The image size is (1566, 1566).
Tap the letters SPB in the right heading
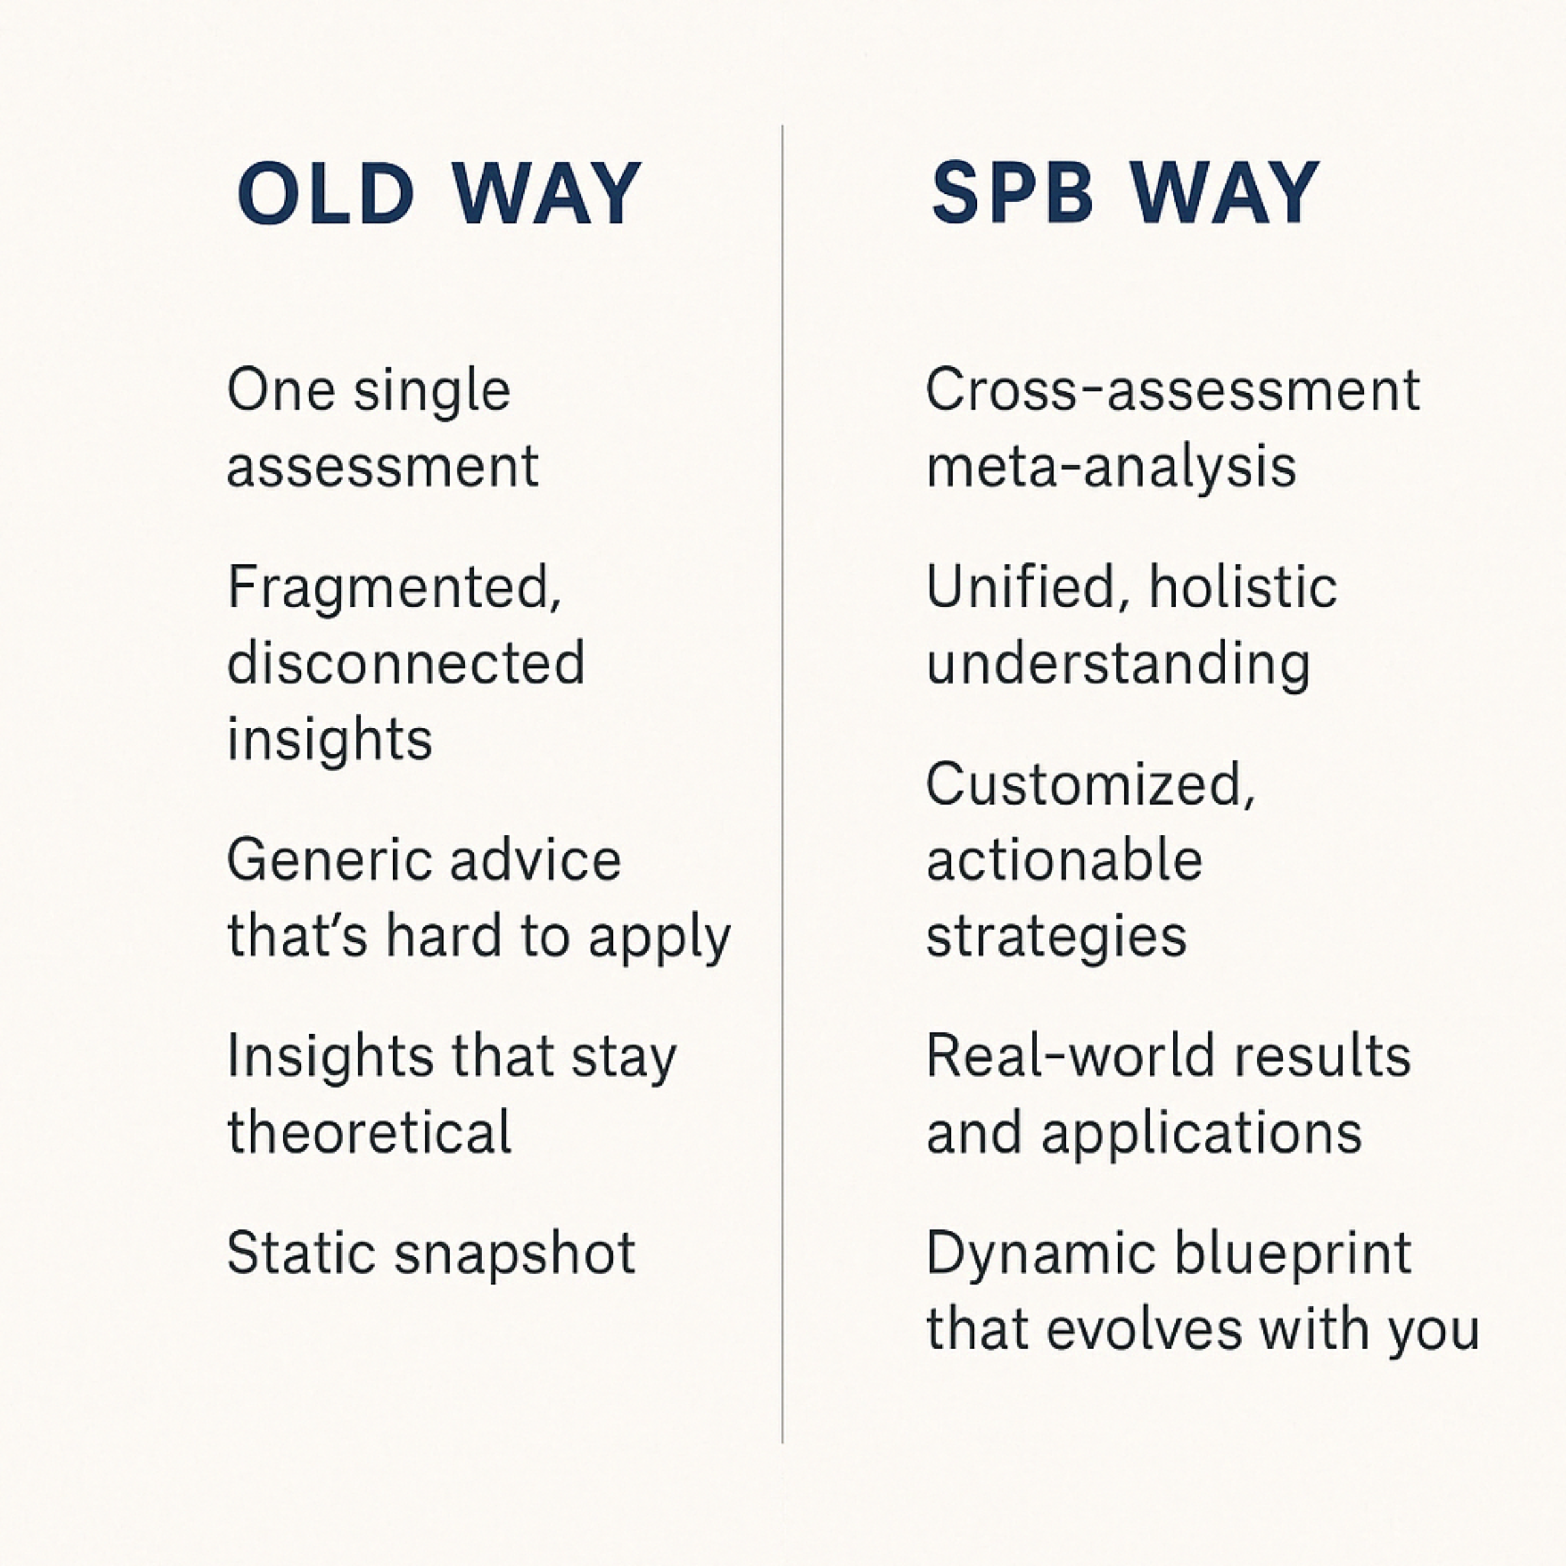(x=1013, y=194)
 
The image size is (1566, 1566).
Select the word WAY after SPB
(x=1225, y=194)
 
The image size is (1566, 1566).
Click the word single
(x=432, y=392)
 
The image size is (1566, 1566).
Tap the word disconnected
(x=405, y=664)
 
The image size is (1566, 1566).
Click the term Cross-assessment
(x=1172, y=391)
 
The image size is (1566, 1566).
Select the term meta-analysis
(x=1111, y=468)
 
